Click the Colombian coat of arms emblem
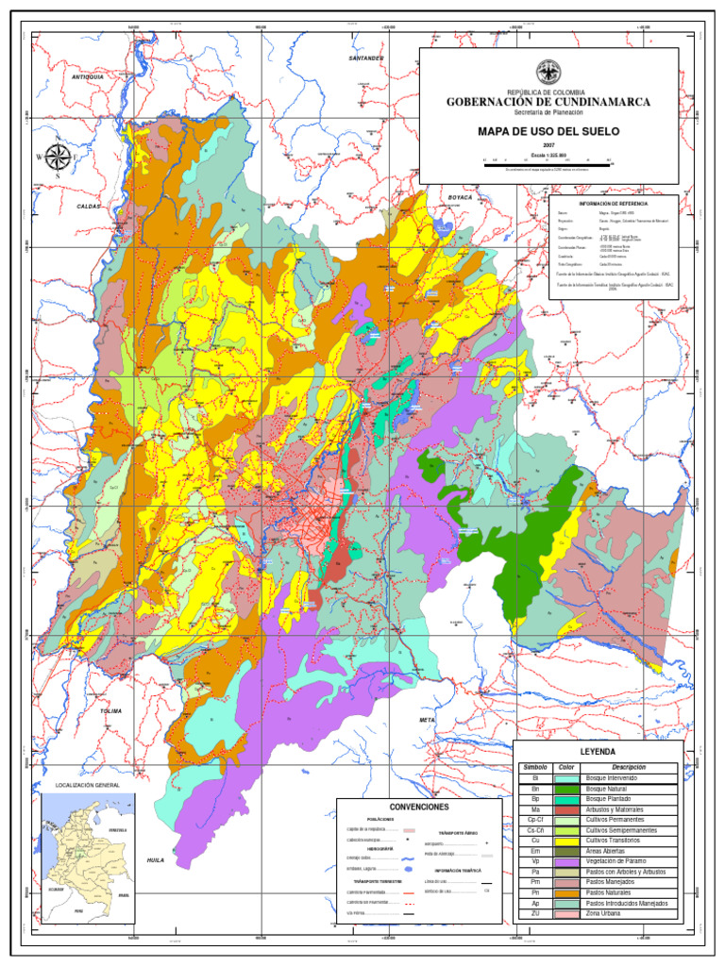(x=548, y=72)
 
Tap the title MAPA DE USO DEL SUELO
(x=548, y=131)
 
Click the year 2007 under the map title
(x=548, y=145)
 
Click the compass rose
(x=58, y=158)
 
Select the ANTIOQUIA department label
(x=87, y=76)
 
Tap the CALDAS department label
(x=88, y=205)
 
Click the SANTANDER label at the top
(x=366, y=58)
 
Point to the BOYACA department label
(x=460, y=197)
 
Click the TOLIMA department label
(x=111, y=710)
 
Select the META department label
(x=428, y=720)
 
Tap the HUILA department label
(x=156, y=860)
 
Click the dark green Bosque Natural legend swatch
(x=566, y=789)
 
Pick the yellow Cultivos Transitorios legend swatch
(x=566, y=841)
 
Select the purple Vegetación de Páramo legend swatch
(x=566, y=861)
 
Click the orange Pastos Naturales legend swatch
(x=566, y=892)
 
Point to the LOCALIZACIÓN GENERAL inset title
(x=88, y=785)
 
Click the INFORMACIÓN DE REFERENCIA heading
(x=614, y=204)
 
